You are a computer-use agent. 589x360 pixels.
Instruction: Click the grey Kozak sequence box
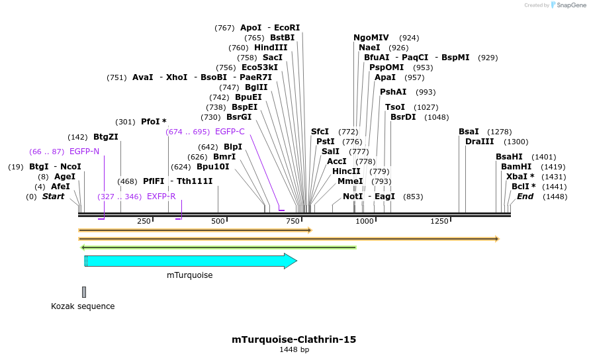coord(84,292)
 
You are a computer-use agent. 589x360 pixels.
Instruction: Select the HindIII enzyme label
coord(271,48)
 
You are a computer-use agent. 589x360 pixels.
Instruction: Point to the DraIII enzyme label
coord(478,142)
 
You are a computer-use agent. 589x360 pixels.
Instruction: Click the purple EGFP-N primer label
coord(84,152)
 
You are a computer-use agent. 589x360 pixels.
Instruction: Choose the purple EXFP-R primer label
coord(161,197)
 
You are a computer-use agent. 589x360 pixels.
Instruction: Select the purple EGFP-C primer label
coord(230,132)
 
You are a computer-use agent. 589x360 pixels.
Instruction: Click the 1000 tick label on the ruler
coord(365,221)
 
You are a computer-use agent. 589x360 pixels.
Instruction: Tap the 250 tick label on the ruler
coord(144,221)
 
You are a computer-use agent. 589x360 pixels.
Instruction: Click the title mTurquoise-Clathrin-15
coord(294,339)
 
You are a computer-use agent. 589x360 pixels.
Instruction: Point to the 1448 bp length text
coord(294,350)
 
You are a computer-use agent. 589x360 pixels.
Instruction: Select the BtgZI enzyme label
coord(106,137)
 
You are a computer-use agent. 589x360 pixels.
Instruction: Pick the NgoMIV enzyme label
coord(371,38)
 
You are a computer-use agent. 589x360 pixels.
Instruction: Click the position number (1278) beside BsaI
coord(499,132)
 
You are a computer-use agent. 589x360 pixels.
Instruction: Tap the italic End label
coord(525,197)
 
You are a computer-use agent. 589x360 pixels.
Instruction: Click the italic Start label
coord(54,197)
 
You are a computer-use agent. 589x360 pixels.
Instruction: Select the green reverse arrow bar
coord(218,247)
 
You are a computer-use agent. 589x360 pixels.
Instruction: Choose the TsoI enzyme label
coord(395,107)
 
